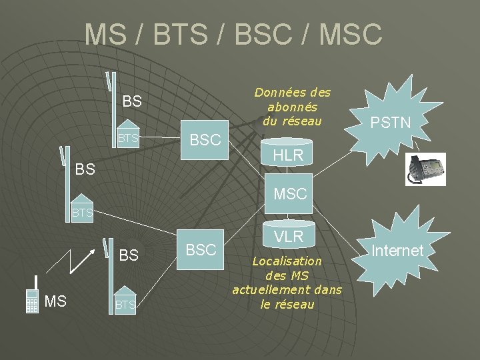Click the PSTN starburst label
pyautogui.click(x=391, y=122)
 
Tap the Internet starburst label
pyautogui.click(x=398, y=251)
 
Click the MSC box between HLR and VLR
pyautogui.click(x=290, y=194)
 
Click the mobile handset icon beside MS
pyautogui.click(x=31, y=302)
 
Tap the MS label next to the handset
pyautogui.click(x=55, y=302)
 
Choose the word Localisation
pyautogui.click(x=287, y=261)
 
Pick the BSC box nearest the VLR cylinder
pyautogui.click(x=201, y=249)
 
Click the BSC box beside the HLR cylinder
pyautogui.click(x=205, y=140)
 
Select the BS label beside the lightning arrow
pyautogui.click(x=129, y=255)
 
